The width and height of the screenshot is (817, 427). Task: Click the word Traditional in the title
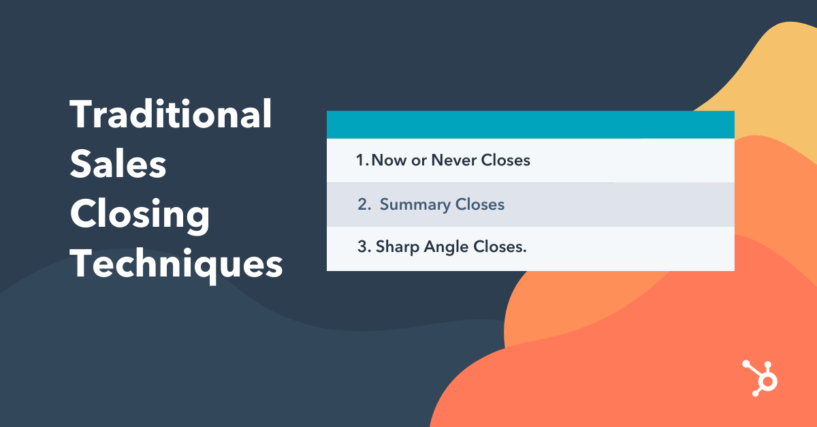171,114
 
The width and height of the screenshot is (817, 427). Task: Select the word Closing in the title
140,215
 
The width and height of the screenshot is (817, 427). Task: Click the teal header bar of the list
530,125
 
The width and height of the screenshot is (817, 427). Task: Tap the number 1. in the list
362,161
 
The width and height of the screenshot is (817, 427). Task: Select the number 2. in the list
364,205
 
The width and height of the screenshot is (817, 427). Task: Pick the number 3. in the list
364,247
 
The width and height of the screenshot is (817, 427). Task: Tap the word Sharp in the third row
398,247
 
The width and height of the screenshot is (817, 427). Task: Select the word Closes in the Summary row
479,205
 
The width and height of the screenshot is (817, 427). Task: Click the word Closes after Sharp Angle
502,247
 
